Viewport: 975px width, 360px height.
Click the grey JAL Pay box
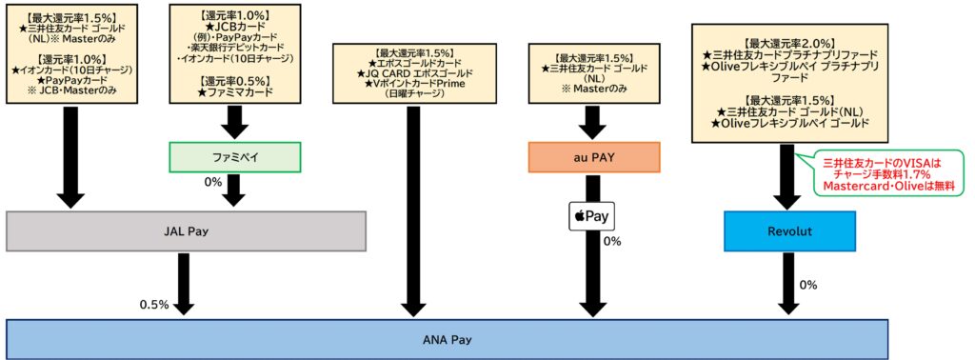tap(187, 230)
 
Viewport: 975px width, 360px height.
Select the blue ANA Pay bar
tap(447, 339)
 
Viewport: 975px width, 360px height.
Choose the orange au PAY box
tap(593, 157)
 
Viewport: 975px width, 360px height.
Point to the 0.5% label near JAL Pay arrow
tap(153, 305)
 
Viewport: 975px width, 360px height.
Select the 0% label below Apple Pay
tap(612, 241)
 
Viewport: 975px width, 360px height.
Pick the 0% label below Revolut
tap(808, 285)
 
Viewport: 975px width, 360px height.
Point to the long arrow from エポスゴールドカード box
tap(413, 210)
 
